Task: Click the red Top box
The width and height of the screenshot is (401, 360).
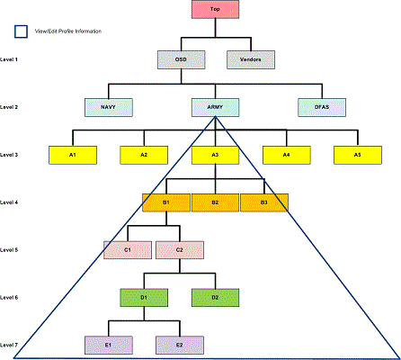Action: click(215, 11)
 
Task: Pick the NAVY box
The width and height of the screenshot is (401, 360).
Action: click(108, 107)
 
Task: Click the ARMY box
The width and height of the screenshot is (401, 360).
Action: click(215, 107)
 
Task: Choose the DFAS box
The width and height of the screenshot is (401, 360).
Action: click(322, 107)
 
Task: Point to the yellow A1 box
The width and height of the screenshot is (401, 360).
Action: click(73, 155)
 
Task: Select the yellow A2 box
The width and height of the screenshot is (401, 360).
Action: click(144, 155)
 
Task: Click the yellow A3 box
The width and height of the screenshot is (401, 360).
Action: click(215, 155)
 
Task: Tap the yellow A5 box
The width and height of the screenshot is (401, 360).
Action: click(357, 155)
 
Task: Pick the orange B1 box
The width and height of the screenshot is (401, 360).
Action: click(166, 202)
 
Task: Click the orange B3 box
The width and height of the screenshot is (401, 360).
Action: click(263, 202)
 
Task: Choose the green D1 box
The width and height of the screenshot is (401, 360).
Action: click(144, 296)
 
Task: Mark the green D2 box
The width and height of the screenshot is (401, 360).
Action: click(215, 296)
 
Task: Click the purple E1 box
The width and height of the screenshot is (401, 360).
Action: click(108, 345)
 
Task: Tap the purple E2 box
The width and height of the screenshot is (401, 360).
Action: click(179, 345)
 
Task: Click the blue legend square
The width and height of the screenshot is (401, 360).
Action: click(20, 32)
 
